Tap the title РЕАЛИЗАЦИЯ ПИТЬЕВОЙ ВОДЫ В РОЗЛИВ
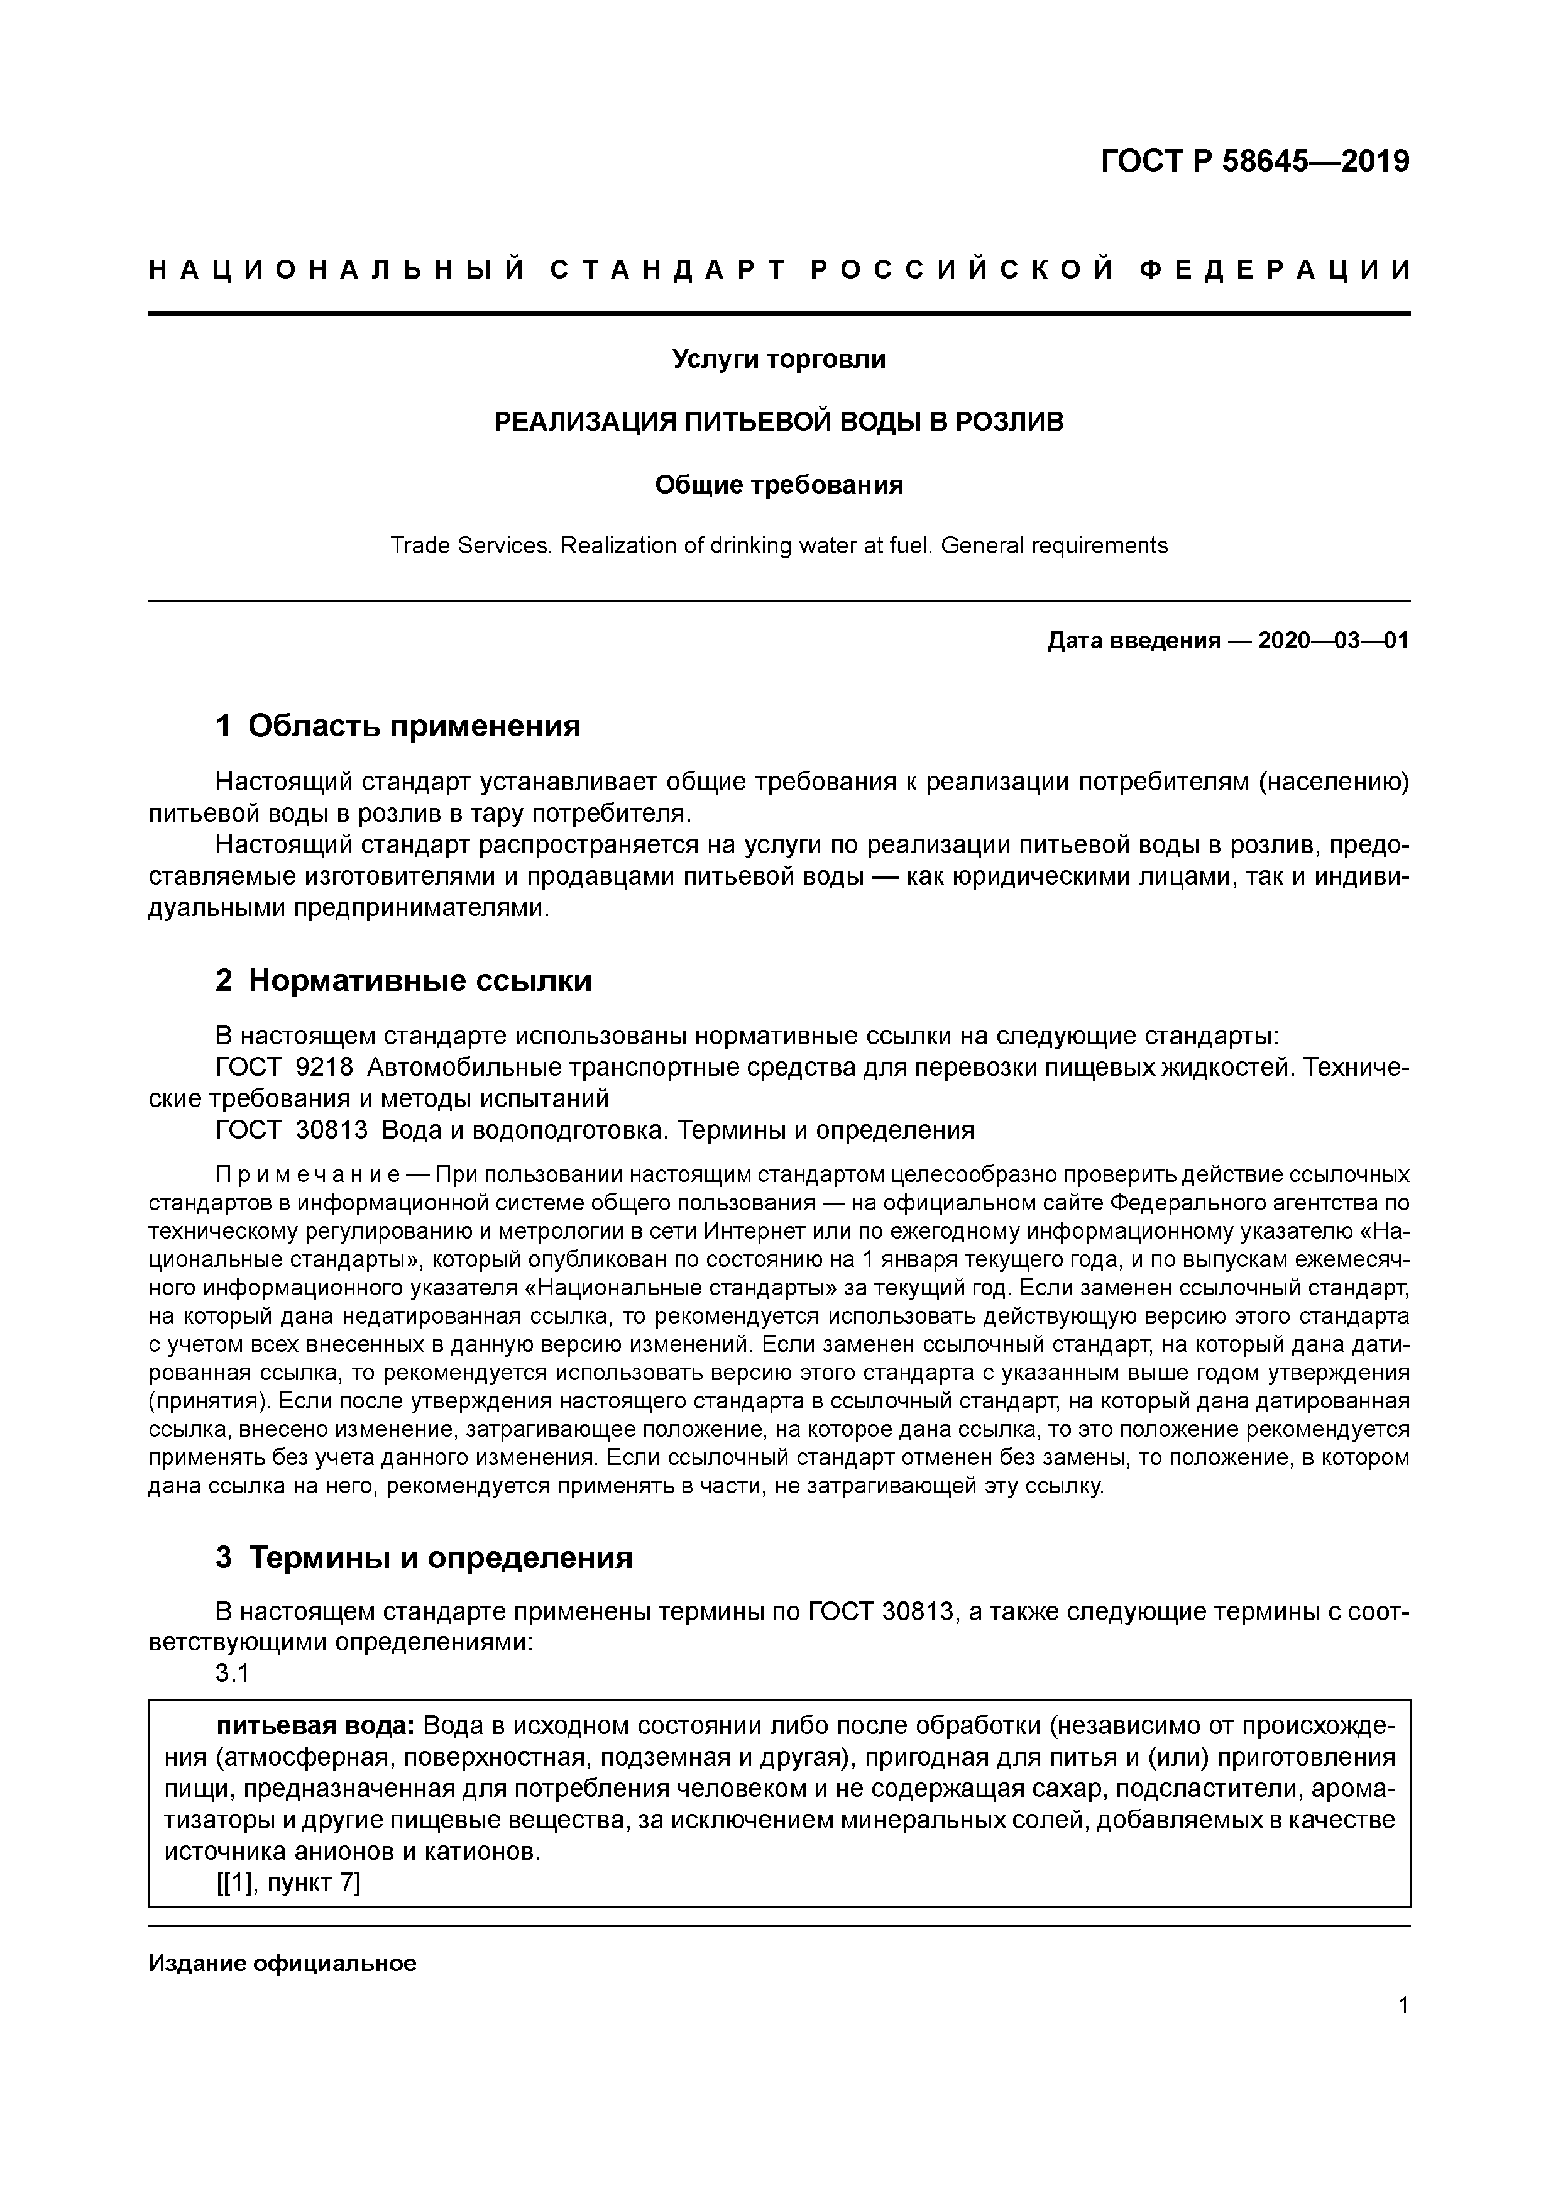point(779,422)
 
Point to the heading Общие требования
point(779,485)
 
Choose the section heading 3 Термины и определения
point(424,1558)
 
